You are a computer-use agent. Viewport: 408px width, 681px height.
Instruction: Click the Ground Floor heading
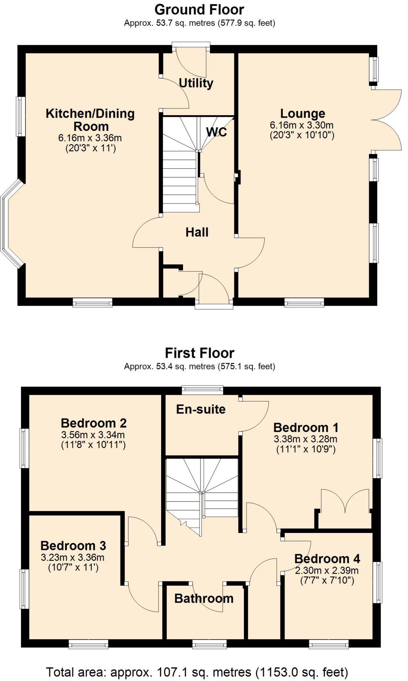coord(199,10)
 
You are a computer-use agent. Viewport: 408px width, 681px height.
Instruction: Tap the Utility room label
coord(196,83)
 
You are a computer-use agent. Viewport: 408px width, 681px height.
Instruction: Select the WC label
coord(216,132)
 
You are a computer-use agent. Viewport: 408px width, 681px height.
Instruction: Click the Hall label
coord(197,232)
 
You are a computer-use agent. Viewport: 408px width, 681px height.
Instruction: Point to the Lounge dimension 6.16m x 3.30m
coord(302,125)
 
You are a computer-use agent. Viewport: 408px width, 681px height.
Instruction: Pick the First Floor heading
coord(199,353)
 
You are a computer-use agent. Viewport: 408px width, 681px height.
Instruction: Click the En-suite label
coord(201,409)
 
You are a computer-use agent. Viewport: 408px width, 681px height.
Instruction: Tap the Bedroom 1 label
coord(306,427)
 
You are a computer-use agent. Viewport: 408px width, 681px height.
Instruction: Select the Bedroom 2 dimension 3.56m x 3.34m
coord(93,435)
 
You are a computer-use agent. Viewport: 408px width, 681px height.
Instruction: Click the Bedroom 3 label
coord(73,546)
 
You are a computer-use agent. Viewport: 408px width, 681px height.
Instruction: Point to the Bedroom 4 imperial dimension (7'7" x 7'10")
coord(327,580)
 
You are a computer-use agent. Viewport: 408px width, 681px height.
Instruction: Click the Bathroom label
coord(204,598)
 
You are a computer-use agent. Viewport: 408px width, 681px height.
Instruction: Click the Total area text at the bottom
coord(197,672)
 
